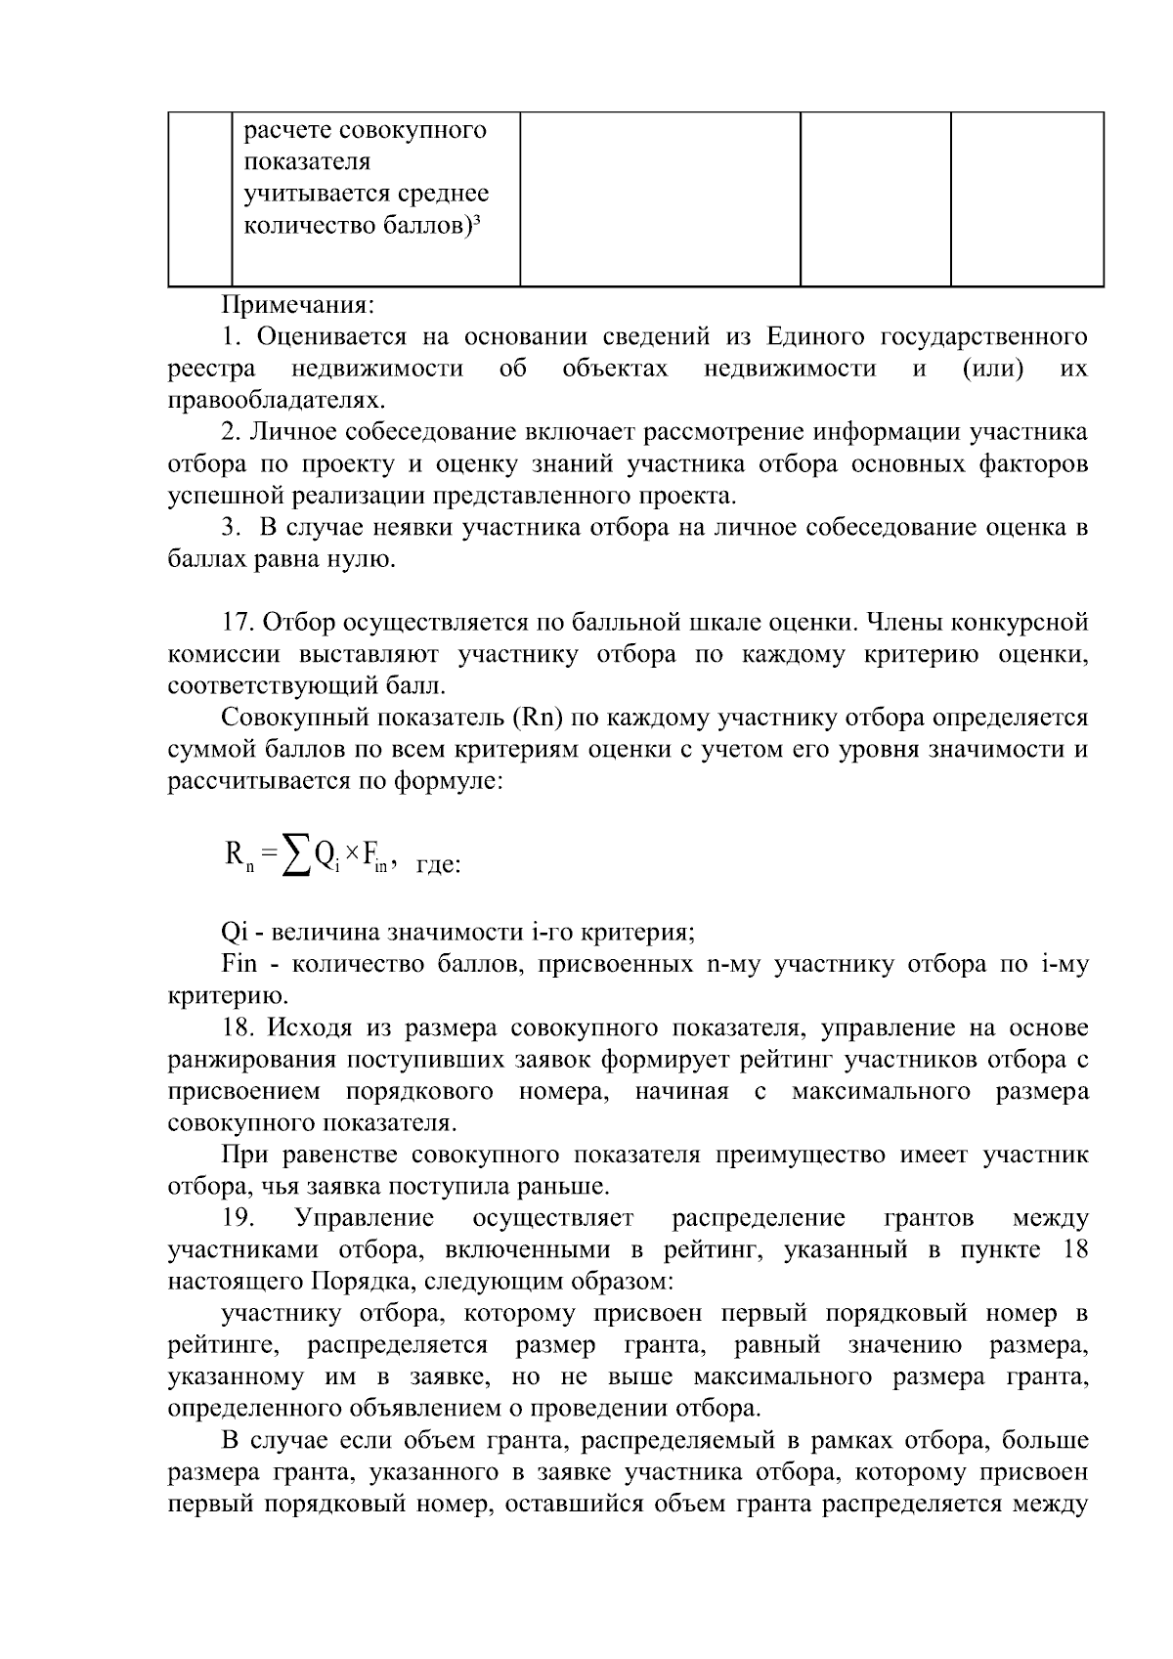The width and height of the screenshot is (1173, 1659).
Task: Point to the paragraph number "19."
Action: pos(239,1218)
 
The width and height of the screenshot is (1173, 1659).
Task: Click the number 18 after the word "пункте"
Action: pos(1074,1250)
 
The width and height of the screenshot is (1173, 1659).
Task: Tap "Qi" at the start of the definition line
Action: pos(235,932)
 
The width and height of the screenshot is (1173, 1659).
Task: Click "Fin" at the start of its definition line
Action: pos(239,964)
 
